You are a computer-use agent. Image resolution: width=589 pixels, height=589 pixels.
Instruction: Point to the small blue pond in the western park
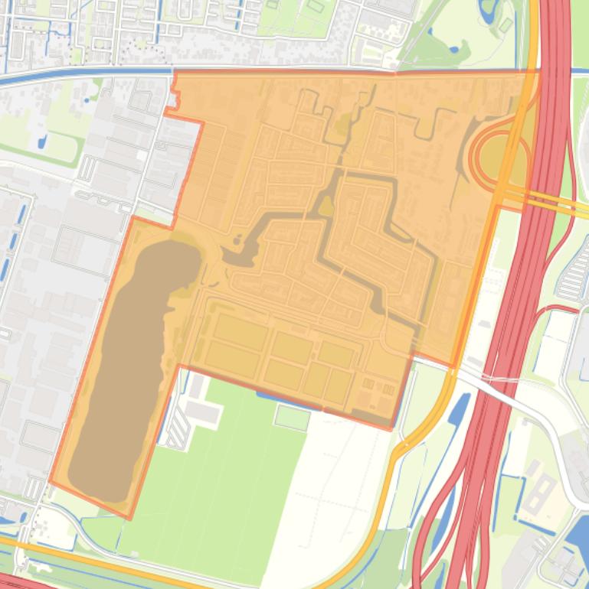(x=41, y=142)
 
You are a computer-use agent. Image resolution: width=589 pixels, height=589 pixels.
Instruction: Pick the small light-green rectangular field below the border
(x=292, y=417)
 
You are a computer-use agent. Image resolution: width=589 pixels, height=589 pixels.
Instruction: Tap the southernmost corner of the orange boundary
(x=129, y=518)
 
